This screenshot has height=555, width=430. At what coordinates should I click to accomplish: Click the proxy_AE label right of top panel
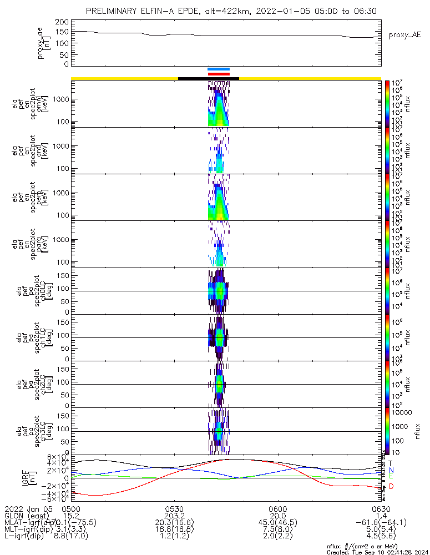pos(406,34)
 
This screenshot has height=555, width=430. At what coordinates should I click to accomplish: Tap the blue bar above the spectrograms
pos(218,69)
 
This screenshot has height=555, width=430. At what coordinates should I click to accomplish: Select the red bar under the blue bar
pos(218,74)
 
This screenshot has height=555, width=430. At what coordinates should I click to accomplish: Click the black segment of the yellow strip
pos(208,78)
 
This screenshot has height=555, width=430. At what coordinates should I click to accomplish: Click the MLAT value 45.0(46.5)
pos(277,522)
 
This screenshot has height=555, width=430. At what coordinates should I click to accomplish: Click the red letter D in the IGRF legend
pos(391,487)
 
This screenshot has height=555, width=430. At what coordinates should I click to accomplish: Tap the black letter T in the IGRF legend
pos(391,462)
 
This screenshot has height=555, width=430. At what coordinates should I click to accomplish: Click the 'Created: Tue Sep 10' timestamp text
pos(377,552)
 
